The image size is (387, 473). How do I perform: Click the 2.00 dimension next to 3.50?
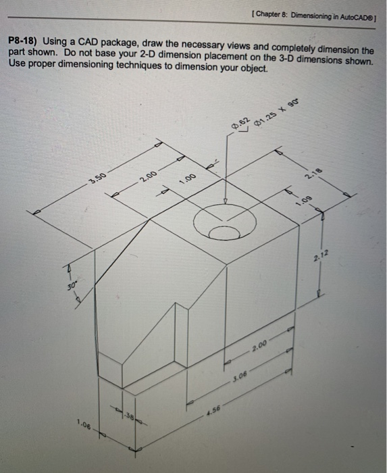(149, 178)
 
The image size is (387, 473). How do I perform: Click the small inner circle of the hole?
(224, 231)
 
